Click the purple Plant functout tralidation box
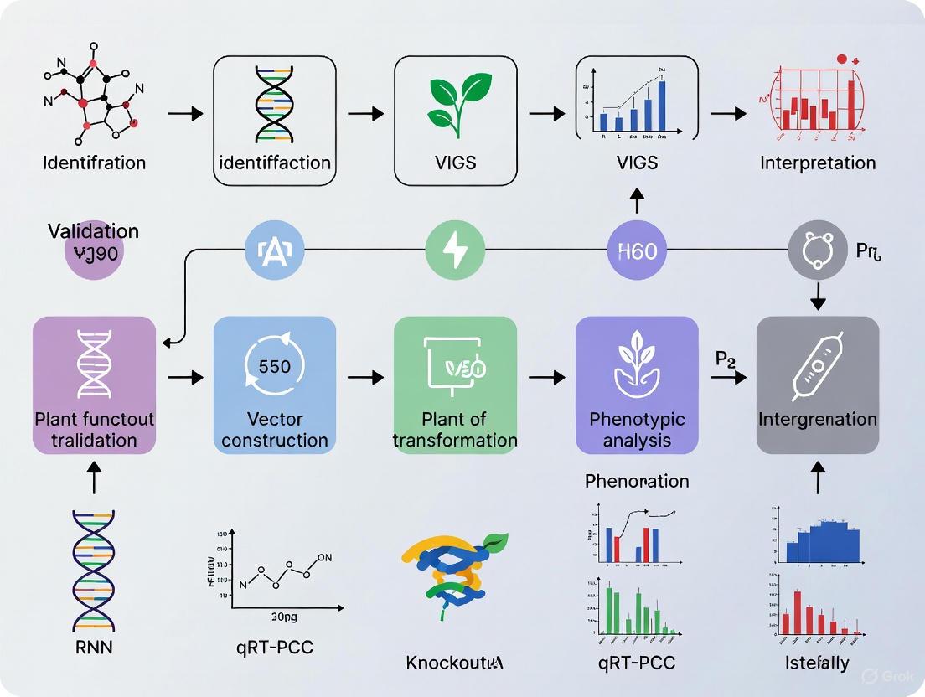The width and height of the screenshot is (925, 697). (94, 385)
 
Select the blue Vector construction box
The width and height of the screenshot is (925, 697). (275, 385)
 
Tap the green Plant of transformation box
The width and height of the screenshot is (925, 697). (455, 385)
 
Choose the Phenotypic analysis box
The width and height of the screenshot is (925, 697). (637, 385)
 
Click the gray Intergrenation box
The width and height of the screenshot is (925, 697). (818, 385)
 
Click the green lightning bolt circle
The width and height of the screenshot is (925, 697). (455, 250)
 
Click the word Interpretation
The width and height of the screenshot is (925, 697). (818, 163)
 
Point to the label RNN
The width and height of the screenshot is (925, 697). (93, 648)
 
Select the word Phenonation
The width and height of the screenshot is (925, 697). (637, 481)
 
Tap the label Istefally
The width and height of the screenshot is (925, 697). (817, 663)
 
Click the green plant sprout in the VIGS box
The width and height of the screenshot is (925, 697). (455, 105)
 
